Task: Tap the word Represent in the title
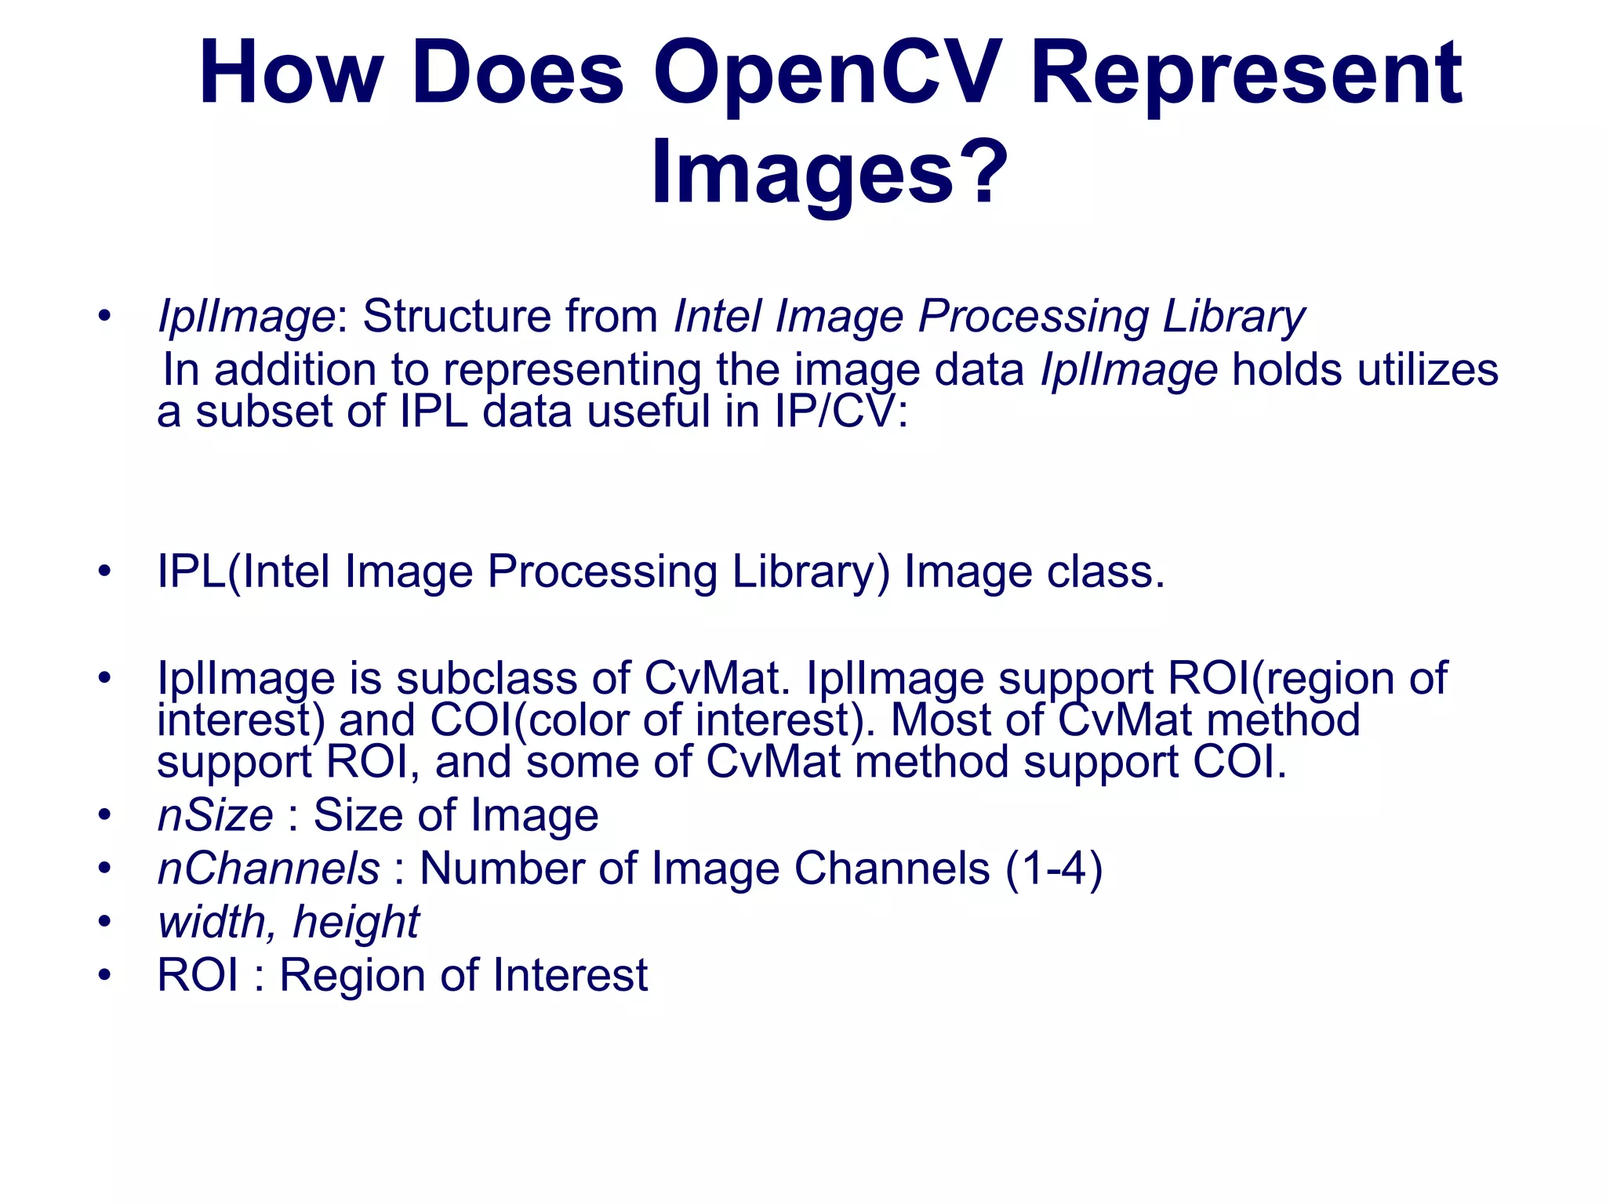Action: (1246, 74)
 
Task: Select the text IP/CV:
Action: (841, 411)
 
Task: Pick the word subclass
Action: (486, 678)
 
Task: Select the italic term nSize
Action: (215, 815)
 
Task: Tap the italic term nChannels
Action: (268, 869)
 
